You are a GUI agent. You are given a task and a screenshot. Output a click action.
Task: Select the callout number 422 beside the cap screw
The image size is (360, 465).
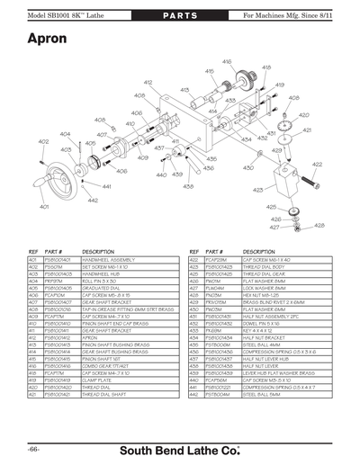coord(317,165)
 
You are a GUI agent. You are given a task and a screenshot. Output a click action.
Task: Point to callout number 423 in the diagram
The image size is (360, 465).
coord(258,191)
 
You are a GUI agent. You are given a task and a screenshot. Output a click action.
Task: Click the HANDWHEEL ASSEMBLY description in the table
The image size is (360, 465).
coord(110,259)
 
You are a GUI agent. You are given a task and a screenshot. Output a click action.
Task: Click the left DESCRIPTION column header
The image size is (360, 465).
coord(98,251)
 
